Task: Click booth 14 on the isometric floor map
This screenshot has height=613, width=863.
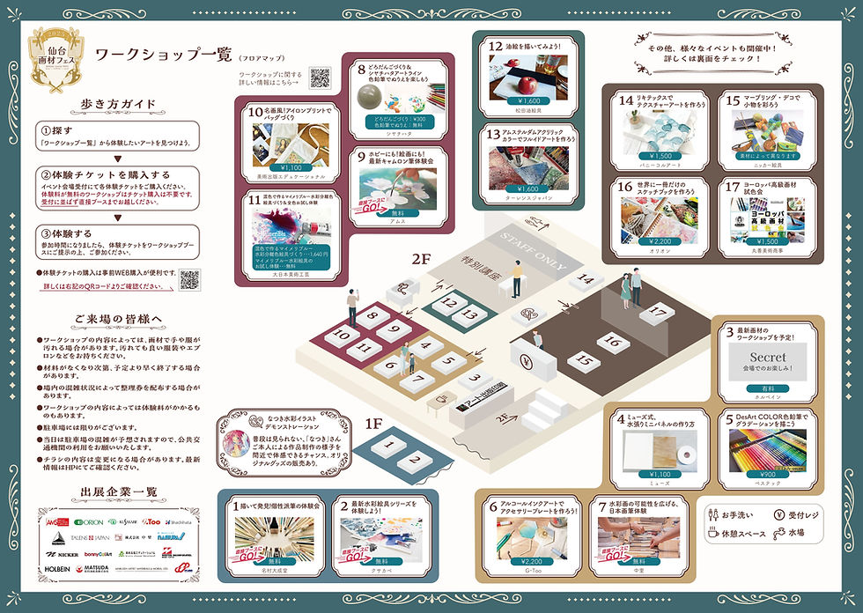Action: coord(586,280)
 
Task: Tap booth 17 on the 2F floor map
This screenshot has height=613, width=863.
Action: coord(655,312)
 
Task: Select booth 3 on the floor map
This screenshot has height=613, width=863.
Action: coord(475,379)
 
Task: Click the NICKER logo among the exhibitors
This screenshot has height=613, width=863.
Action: coord(63,554)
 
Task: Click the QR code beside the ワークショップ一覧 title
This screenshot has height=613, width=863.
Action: coord(320,78)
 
